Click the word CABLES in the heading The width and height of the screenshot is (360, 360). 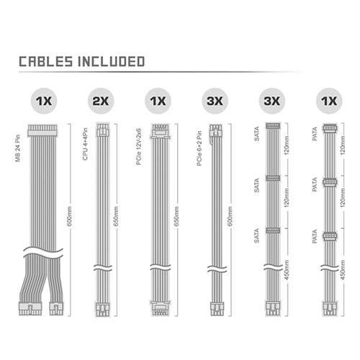45,61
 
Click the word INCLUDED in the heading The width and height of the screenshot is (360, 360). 111,61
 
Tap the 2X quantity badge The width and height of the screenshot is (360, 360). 101,101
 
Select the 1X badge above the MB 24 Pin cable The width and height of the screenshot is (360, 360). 44,101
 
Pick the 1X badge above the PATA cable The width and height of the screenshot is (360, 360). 329,101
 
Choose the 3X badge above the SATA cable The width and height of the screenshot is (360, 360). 272,101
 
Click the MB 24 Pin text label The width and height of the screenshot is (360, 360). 18,148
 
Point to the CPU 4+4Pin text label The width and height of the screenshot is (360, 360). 85,144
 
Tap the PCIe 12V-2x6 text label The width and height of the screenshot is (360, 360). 139,147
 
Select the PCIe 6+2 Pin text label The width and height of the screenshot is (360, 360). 199,148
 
